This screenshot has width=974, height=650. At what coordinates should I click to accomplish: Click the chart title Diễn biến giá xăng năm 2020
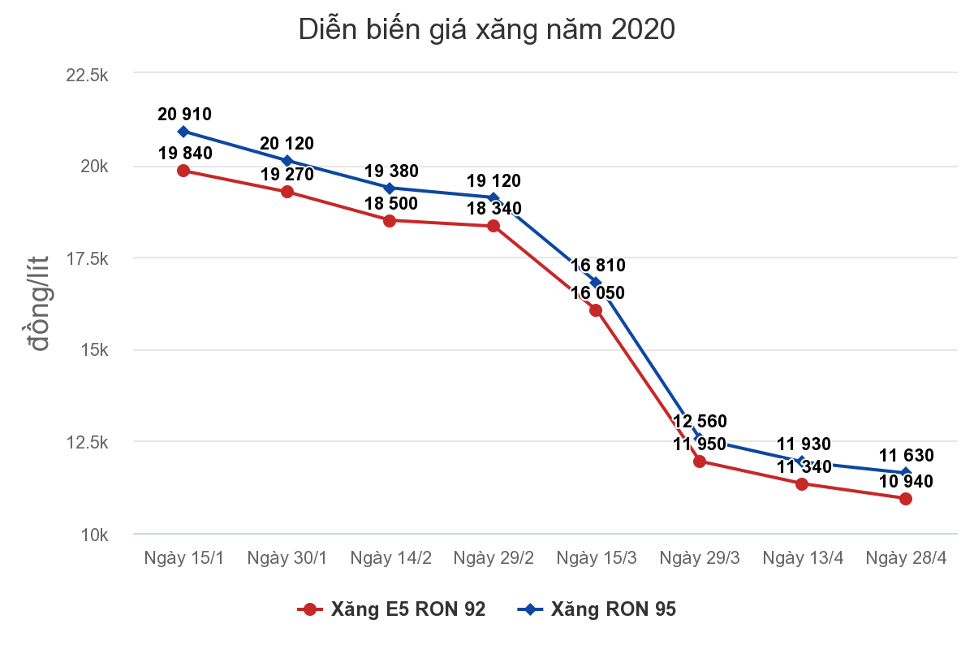coord(487,29)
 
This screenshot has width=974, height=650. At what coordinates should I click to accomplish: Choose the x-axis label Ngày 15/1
coord(183,558)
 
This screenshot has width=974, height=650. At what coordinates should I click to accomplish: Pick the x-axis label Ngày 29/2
coord(493,558)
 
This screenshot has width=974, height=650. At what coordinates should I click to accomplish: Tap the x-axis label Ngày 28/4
coord(906,558)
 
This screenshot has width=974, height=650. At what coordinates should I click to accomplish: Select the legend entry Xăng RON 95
coord(598,609)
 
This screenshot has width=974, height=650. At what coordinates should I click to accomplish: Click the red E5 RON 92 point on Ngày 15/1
coord(183,171)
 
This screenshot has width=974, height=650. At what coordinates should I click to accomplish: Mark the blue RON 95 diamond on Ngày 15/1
coord(183,132)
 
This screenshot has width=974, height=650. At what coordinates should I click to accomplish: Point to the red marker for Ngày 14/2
coord(390,220)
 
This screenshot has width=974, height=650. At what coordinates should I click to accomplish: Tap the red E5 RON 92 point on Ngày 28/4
coord(906,499)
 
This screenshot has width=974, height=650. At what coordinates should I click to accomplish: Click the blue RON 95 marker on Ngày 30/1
coord(287,160)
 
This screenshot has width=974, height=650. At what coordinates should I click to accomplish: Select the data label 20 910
coord(184,115)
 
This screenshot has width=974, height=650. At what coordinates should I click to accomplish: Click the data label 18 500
coord(391,203)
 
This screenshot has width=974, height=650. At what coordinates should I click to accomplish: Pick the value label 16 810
coord(598,265)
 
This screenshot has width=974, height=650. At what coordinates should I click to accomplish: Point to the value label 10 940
coord(906,481)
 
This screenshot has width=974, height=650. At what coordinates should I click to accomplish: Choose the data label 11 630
coord(906,456)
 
